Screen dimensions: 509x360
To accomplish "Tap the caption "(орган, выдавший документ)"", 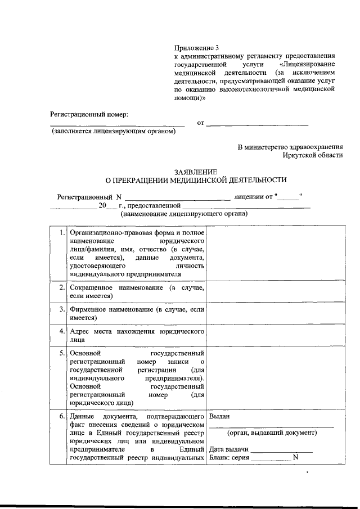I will (x=272, y=433).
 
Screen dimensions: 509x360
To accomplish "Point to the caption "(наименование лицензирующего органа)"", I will (x=184, y=214).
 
